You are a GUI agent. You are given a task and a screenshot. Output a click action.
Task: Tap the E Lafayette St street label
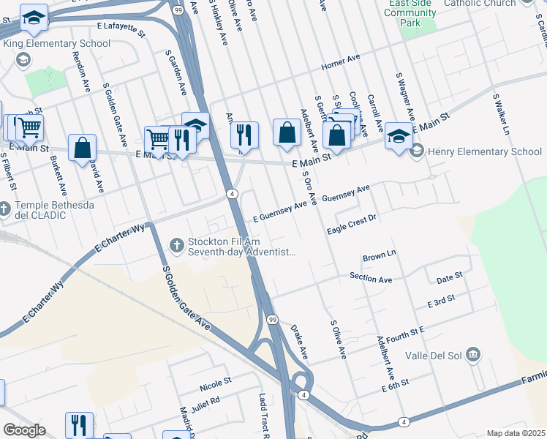pos(121,26)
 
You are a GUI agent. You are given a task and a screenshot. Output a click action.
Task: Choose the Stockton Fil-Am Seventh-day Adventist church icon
pos(176,245)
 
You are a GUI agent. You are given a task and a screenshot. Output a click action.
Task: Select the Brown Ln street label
pos(379,258)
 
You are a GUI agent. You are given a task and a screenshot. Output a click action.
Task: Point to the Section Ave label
pos(371,279)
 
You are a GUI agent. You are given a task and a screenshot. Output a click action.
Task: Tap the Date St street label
pos(449,277)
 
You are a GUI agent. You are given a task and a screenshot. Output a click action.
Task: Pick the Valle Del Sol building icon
pos(473,355)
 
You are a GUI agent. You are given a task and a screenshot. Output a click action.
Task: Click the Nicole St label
pos(215,381)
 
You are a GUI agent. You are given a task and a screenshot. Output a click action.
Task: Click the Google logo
pos(24,430)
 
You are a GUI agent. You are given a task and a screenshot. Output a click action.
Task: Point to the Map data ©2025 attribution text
pos(516,433)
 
